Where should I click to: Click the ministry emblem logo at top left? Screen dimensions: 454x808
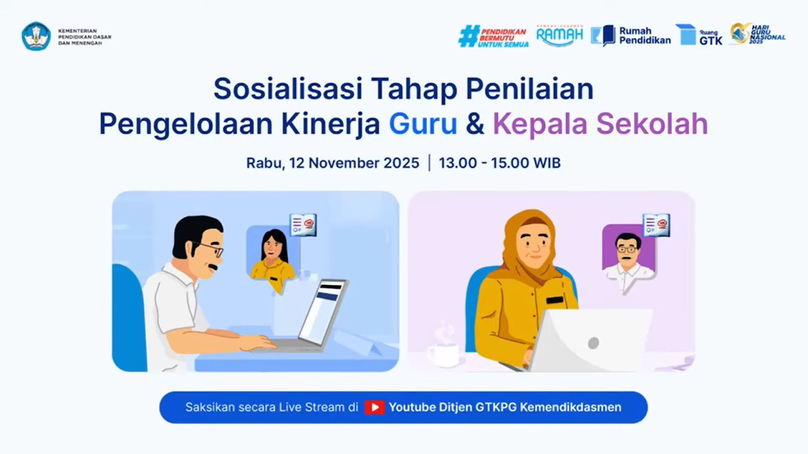pyautogui.click(x=36, y=36)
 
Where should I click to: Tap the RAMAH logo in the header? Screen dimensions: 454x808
pyautogui.click(x=559, y=35)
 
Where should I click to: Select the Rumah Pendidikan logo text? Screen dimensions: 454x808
pyautogui.click(x=645, y=36)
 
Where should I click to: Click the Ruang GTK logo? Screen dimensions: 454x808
pyautogui.click(x=699, y=36)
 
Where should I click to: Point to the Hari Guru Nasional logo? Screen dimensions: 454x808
pyautogui.click(x=757, y=34)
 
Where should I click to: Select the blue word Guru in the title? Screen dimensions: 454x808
pyautogui.click(x=423, y=124)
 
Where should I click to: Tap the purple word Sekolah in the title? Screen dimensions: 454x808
pyautogui.click(x=652, y=124)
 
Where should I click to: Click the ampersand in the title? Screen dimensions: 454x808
pyautogui.click(x=475, y=125)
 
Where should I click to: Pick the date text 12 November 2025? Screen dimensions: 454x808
pyautogui.click(x=354, y=163)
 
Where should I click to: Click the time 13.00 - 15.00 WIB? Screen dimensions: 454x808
pyautogui.click(x=499, y=163)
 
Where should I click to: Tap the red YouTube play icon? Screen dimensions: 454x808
pyautogui.click(x=374, y=408)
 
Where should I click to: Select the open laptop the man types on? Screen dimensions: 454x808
pyautogui.click(x=318, y=318)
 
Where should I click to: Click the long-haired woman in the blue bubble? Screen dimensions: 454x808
pyautogui.click(x=273, y=255)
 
